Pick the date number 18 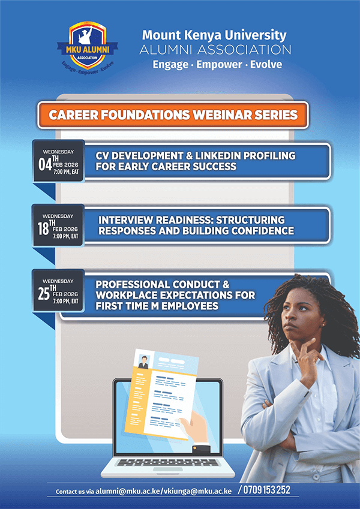point(43,228)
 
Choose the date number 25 point(44,294)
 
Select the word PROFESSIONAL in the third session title point(133,284)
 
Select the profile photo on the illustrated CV point(143,362)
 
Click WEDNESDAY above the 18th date point(58,216)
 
